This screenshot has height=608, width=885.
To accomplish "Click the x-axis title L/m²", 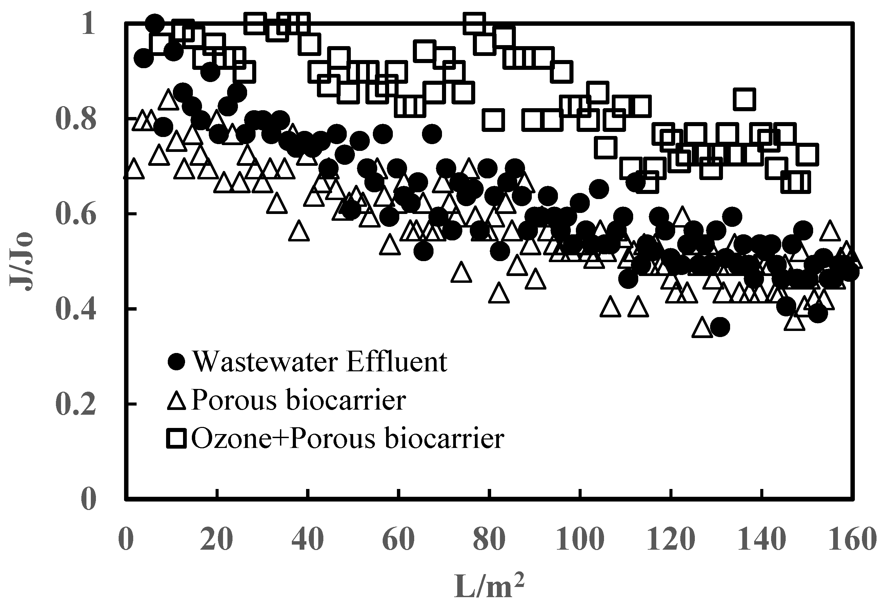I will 489,586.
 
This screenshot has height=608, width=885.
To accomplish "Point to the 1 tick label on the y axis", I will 88,24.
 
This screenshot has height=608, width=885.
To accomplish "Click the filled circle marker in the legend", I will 176,361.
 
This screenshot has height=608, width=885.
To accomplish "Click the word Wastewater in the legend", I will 265,361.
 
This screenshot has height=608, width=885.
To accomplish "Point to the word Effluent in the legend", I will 397,361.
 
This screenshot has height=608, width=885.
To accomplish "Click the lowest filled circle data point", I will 719,327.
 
